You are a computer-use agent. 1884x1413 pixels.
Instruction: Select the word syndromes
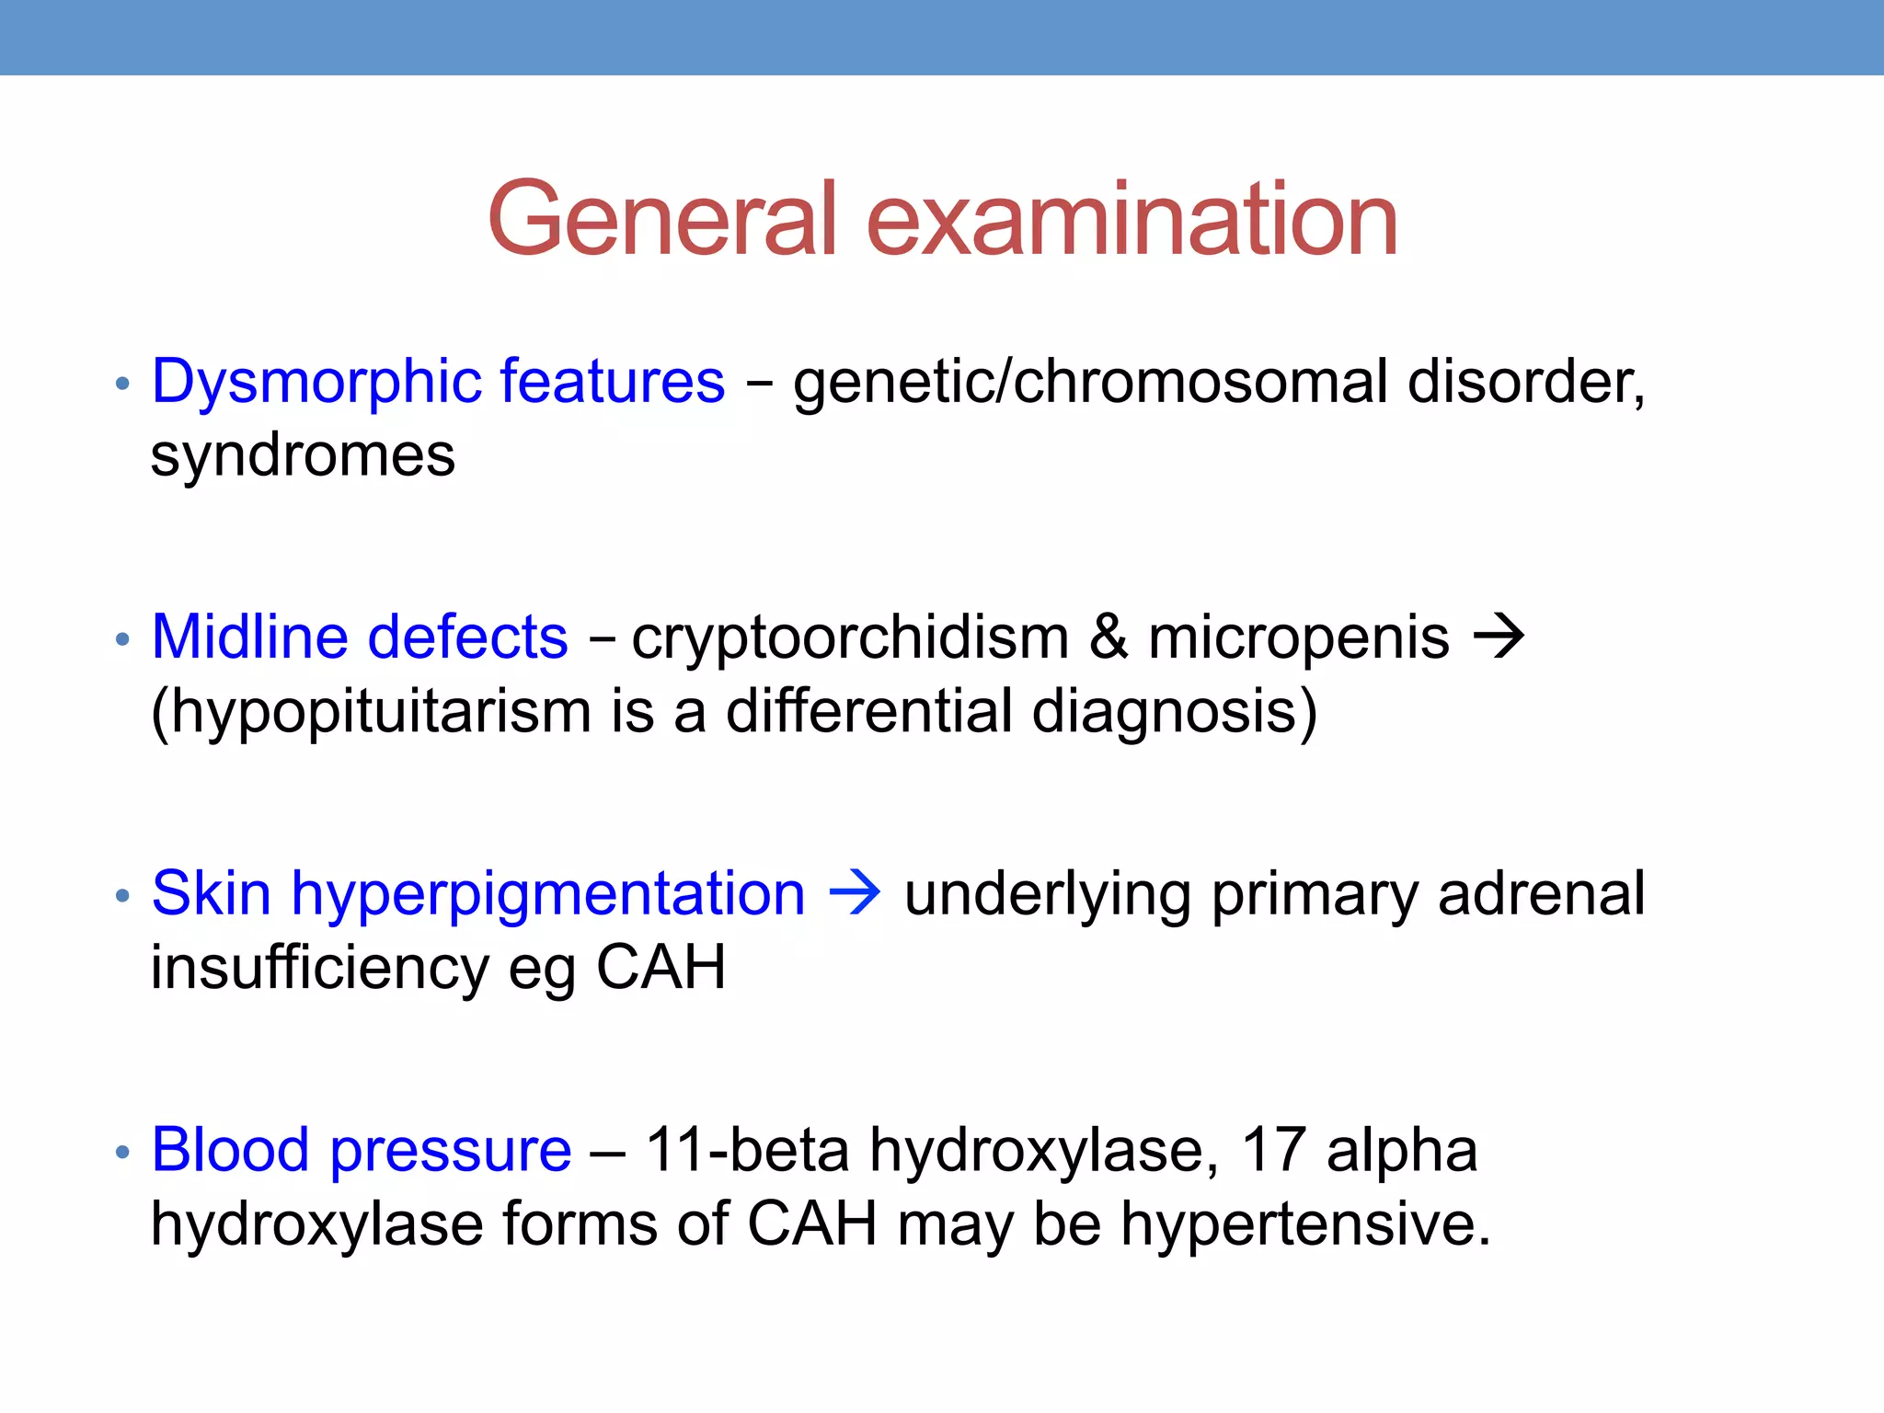pyautogui.click(x=303, y=456)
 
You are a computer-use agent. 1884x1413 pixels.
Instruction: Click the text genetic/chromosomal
pyautogui.click(x=1090, y=383)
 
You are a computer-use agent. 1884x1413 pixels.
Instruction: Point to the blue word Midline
pyautogui.click(x=249, y=638)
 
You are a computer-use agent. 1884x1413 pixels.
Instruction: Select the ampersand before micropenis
pyautogui.click(x=1109, y=637)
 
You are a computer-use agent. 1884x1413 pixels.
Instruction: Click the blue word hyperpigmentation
pyautogui.click(x=548, y=895)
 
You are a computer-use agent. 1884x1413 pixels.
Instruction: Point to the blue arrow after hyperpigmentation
pyautogui.click(x=855, y=893)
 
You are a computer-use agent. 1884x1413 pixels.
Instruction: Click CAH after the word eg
pyautogui.click(x=661, y=968)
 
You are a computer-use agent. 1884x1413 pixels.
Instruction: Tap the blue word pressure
pyautogui.click(x=451, y=1152)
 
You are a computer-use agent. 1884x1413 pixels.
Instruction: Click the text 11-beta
pyautogui.click(x=747, y=1150)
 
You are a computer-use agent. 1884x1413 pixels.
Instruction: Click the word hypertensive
pyautogui.click(x=1304, y=1225)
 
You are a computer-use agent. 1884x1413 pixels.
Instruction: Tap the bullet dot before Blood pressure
pyautogui.click(x=122, y=1152)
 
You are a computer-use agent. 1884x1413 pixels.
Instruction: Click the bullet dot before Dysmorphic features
pyautogui.click(x=122, y=384)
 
